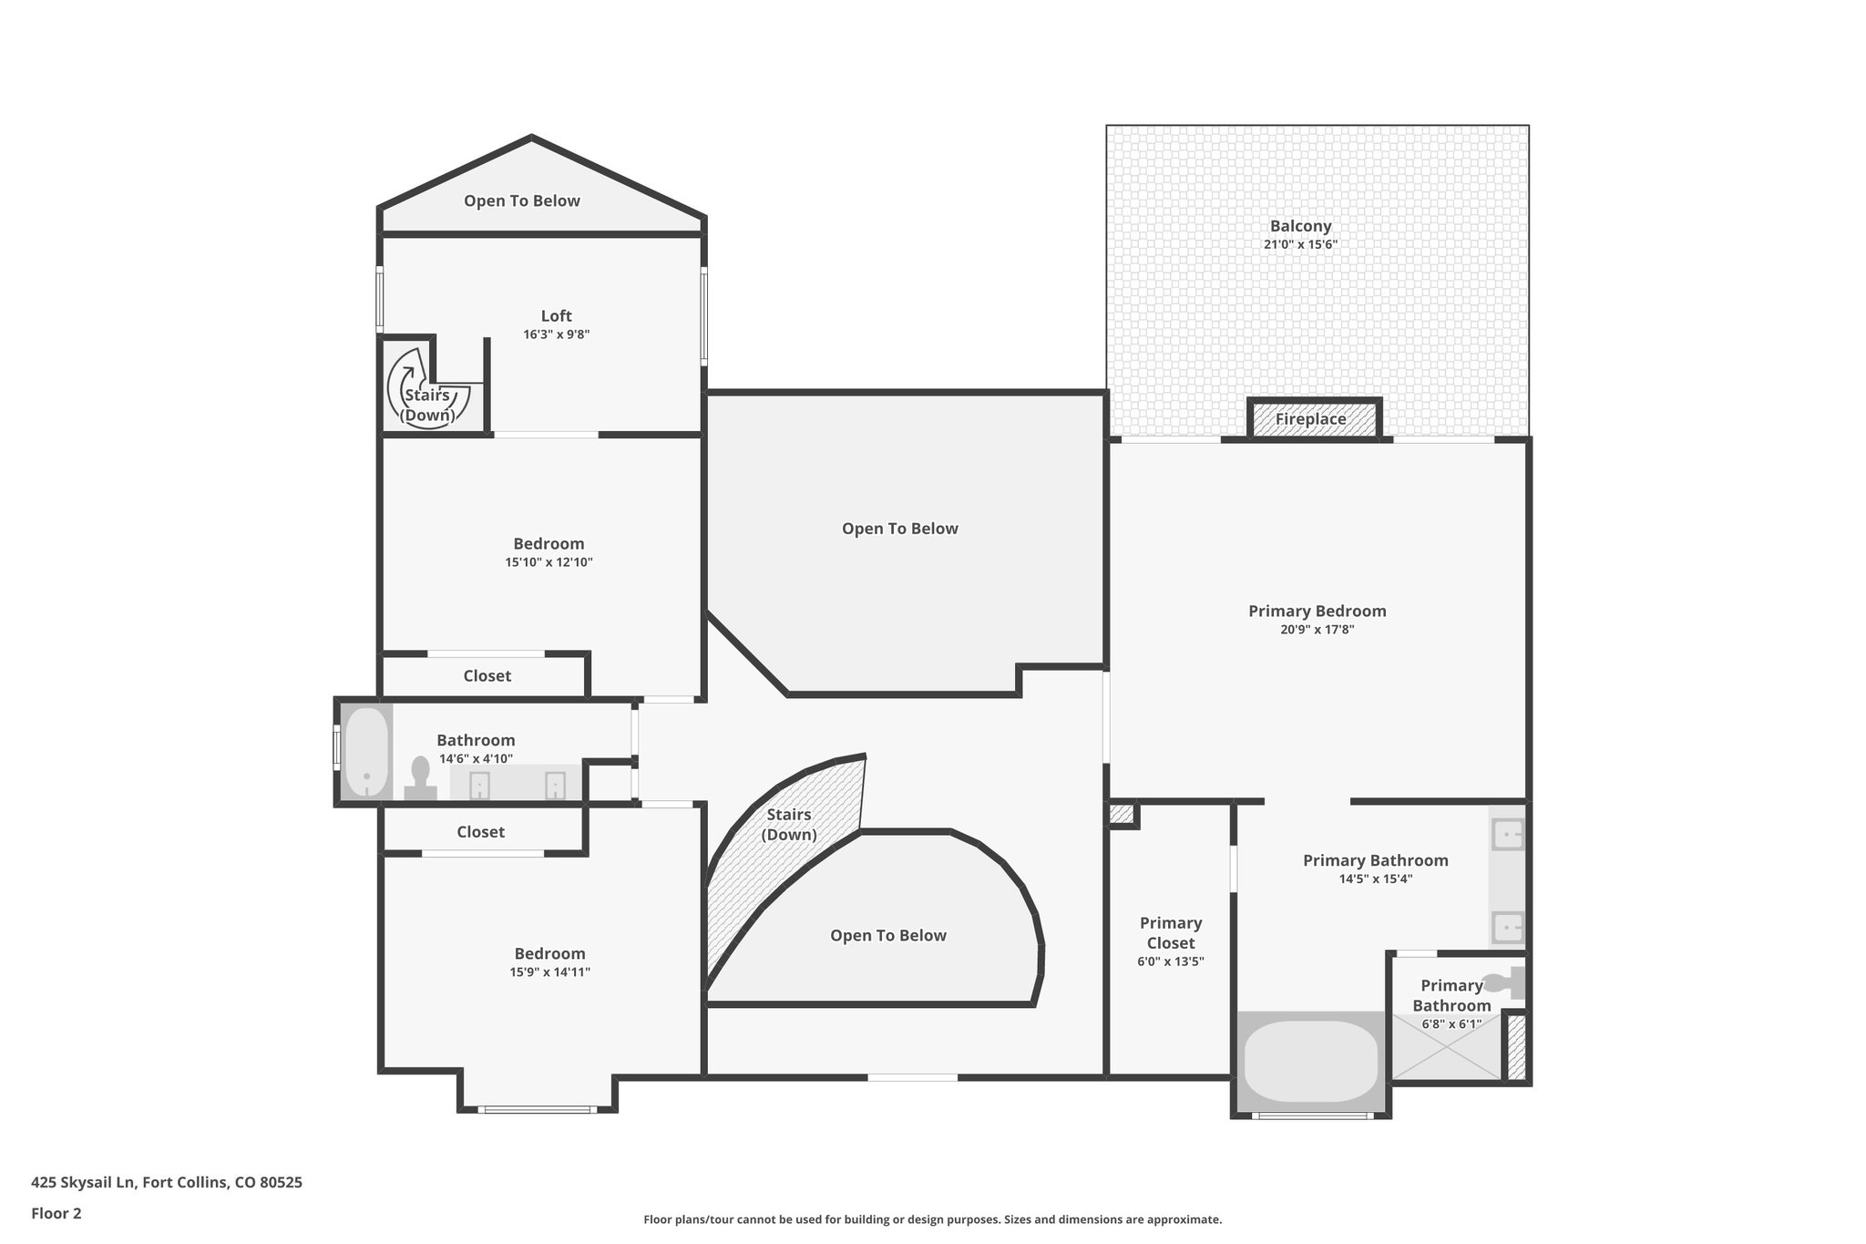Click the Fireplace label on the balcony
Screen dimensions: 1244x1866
(x=1310, y=419)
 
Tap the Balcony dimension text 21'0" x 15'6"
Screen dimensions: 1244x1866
(x=1300, y=245)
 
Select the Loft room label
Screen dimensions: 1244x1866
(x=556, y=316)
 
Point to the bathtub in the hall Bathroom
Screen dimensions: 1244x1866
(x=366, y=752)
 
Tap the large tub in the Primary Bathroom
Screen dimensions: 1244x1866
(x=1310, y=1062)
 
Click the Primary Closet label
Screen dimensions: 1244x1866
(x=1171, y=932)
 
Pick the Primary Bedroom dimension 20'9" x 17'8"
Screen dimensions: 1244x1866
(x=1317, y=630)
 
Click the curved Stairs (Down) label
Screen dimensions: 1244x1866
(x=788, y=824)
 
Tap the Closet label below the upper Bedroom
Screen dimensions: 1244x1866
(x=487, y=676)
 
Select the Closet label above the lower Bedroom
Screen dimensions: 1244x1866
(x=480, y=832)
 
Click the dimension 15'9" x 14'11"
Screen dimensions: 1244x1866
(x=549, y=972)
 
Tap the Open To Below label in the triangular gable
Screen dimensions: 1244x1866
(x=521, y=201)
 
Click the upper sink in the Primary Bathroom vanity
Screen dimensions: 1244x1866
(x=1508, y=834)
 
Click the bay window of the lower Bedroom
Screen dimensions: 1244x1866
(x=538, y=1109)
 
